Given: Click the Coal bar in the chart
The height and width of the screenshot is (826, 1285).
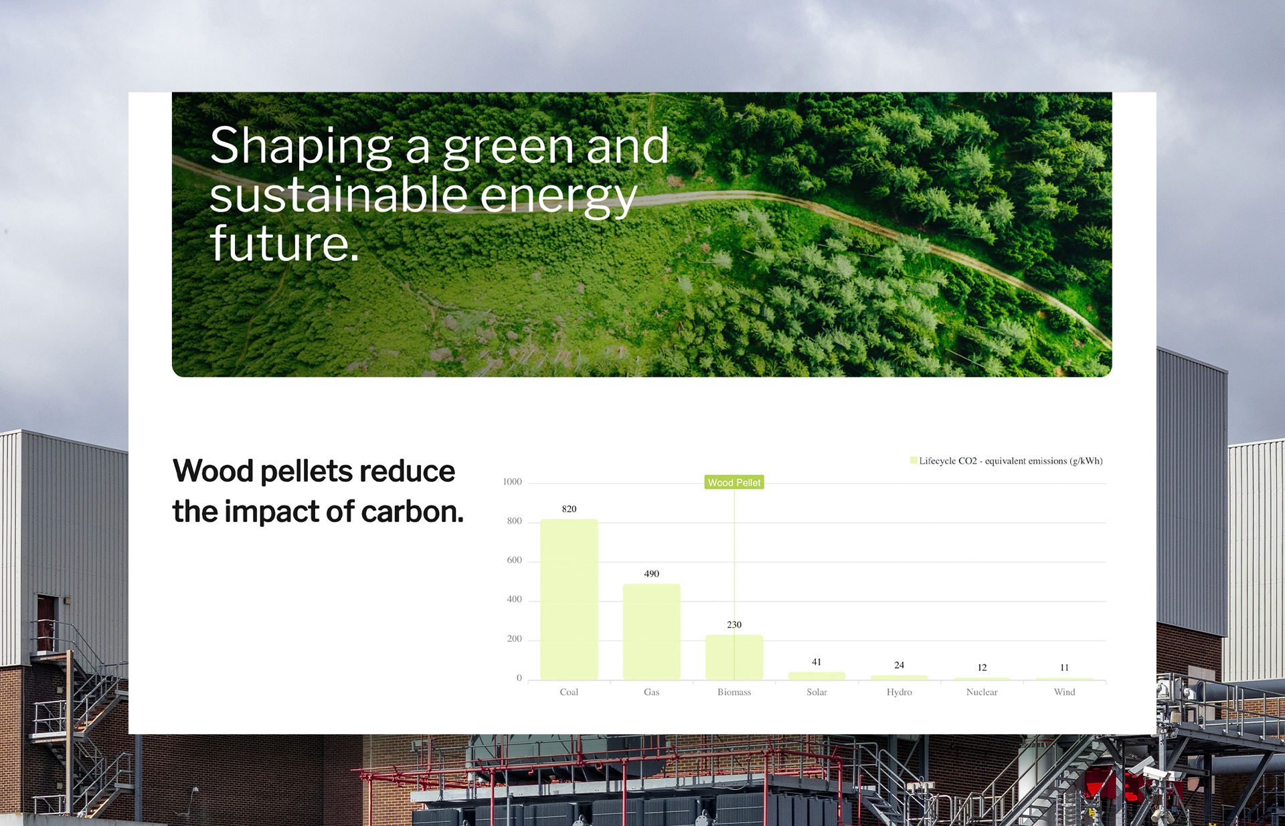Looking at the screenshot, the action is tap(569, 600).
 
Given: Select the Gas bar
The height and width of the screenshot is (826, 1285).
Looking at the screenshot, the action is tap(652, 632).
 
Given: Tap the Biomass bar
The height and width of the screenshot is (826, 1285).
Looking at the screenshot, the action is tap(734, 657).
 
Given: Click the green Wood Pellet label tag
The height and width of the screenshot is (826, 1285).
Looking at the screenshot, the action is tap(734, 483).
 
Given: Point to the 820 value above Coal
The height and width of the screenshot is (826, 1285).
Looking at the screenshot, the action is tap(569, 509).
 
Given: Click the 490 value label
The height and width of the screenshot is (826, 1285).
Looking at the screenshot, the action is tap(652, 574).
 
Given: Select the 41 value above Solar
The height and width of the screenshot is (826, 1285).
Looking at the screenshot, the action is tap(817, 662).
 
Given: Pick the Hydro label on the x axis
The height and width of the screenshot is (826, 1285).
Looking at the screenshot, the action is tap(899, 692).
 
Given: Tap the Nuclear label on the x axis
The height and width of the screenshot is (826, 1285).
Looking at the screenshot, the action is tap(982, 692).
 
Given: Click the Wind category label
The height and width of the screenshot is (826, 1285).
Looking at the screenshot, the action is tap(1065, 692).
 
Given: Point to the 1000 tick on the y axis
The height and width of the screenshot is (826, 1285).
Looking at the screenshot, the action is tap(512, 482).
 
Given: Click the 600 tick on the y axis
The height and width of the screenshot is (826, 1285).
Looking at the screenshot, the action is tap(514, 560).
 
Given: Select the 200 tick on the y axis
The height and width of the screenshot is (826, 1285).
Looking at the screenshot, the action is tap(514, 639).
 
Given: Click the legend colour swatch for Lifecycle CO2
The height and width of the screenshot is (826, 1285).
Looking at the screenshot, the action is tap(914, 461).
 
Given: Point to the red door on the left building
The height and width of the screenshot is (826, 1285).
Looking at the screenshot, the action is tap(46, 624).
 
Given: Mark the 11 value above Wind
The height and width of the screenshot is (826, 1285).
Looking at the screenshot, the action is tap(1065, 667).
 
